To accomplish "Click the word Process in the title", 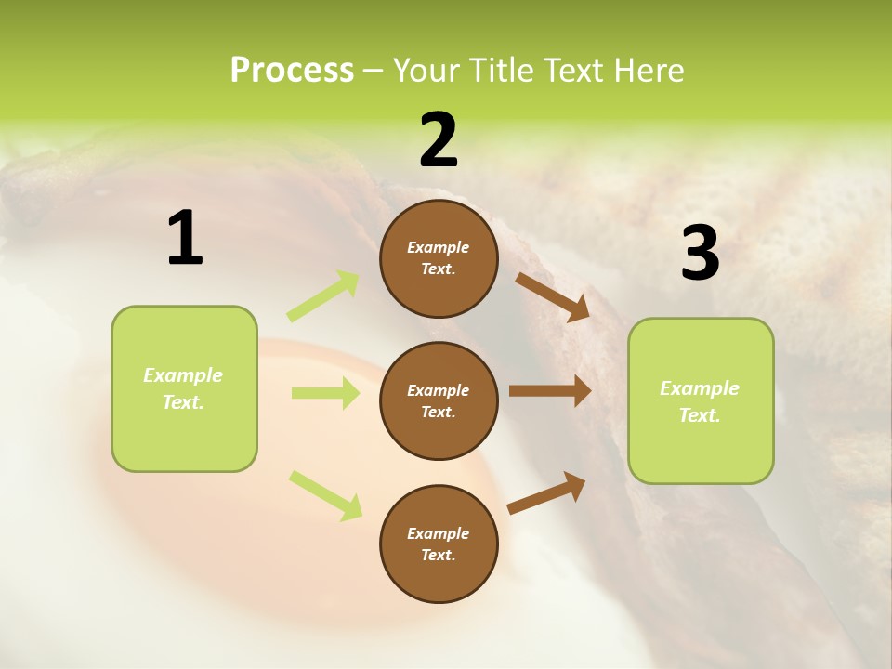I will pos(292,71).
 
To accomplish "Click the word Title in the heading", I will pos(502,71).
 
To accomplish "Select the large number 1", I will pos(185,239).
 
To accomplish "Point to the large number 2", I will pos(439,140).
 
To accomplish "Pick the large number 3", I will pos(700,254).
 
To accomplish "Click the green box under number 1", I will pos(184,388).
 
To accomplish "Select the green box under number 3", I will pos(701,400).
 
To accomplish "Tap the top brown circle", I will pos(439,258).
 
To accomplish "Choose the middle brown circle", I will pos(439,400).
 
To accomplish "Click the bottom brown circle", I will pos(439,544).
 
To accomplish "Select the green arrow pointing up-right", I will pos(323,295).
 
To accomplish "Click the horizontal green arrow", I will pos(325,393).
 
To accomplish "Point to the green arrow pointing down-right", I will pos(325,495).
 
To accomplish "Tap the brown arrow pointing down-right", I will pos(553,296).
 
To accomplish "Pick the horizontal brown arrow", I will pos(550,391).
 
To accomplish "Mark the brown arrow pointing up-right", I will pos(547,492).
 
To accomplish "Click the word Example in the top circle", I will pos(439,247).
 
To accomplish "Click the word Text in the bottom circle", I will pos(437,555).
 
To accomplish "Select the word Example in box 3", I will pos(700,388).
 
